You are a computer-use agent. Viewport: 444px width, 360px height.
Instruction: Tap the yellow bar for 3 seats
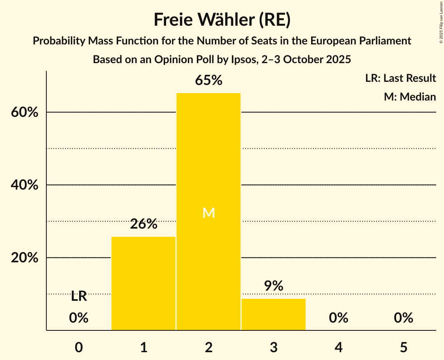point(274,314)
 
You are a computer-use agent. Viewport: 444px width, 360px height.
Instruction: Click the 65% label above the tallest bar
point(209,81)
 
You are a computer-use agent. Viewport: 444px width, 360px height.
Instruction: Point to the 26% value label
point(143,224)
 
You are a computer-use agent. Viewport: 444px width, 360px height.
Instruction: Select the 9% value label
point(274,286)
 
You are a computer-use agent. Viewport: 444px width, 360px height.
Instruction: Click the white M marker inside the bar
point(209,213)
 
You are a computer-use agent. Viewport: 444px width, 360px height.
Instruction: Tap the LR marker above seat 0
point(79,296)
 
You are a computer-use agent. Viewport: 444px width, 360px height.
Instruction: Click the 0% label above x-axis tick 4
point(338,318)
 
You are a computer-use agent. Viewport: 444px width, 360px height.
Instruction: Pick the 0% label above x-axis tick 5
point(403,318)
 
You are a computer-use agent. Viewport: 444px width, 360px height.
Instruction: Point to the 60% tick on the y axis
point(25,113)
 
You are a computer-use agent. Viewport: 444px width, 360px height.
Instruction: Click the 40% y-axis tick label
point(25,185)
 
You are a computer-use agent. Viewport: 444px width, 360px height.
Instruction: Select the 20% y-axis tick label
point(25,258)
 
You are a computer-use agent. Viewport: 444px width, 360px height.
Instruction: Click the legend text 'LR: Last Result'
point(400,78)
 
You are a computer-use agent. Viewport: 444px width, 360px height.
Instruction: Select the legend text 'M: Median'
point(410,97)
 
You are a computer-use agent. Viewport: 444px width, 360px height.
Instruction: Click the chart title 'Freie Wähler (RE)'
point(222,20)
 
